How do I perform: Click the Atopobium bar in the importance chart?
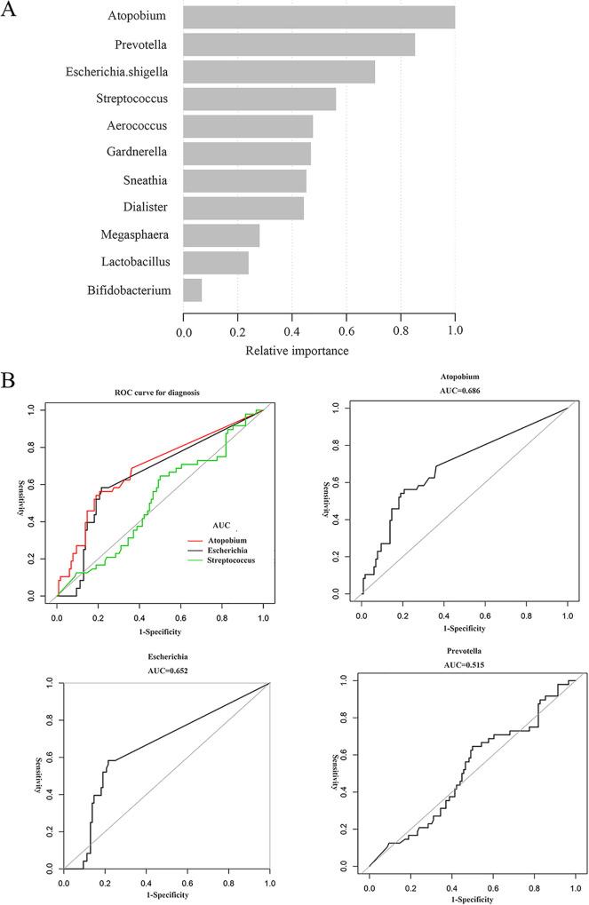319,17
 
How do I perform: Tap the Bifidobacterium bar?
192,290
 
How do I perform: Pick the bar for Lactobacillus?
216,263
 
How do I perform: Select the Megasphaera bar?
221,235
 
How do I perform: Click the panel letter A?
12,13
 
